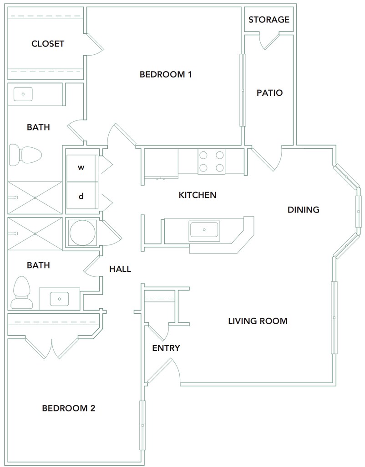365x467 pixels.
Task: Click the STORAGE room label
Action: point(269,20)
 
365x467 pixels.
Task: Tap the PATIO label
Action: point(269,93)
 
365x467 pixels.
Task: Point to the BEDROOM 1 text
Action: point(166,74)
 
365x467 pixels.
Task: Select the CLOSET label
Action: point(47,44)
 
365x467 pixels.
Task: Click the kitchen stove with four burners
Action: point(211,161)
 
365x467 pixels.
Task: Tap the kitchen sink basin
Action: point(204,231)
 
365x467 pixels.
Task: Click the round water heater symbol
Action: point(82,233)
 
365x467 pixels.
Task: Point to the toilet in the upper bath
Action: point(25,155)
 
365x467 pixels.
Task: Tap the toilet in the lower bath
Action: point(22,292)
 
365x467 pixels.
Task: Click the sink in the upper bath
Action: point(23,94)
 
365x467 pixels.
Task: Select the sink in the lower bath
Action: point(59,299)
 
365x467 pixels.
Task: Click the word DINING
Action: point(304,210)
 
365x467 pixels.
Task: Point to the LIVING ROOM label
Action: point(258,321)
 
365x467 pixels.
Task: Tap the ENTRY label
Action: point(166,348)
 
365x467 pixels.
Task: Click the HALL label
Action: point(120,269)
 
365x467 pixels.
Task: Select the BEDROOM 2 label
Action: point(69,408)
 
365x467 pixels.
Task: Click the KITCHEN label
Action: point(198,195)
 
